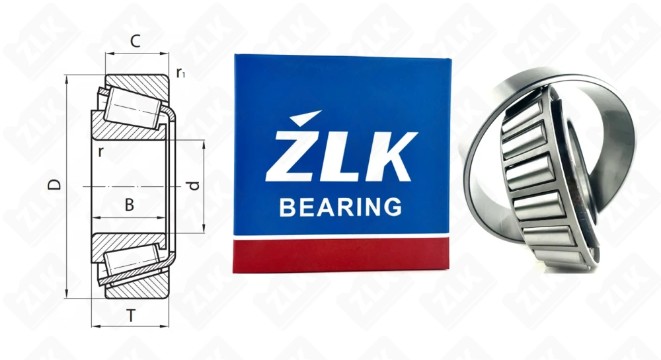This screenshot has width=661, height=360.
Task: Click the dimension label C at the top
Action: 135,42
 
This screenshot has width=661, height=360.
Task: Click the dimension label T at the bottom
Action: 131,316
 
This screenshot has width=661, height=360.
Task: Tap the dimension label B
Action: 130,205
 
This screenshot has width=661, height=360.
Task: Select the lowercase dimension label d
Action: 193,186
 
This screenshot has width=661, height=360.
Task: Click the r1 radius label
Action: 180,73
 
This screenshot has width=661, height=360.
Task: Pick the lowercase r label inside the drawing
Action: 100,151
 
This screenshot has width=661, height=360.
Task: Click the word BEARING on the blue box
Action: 340,207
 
